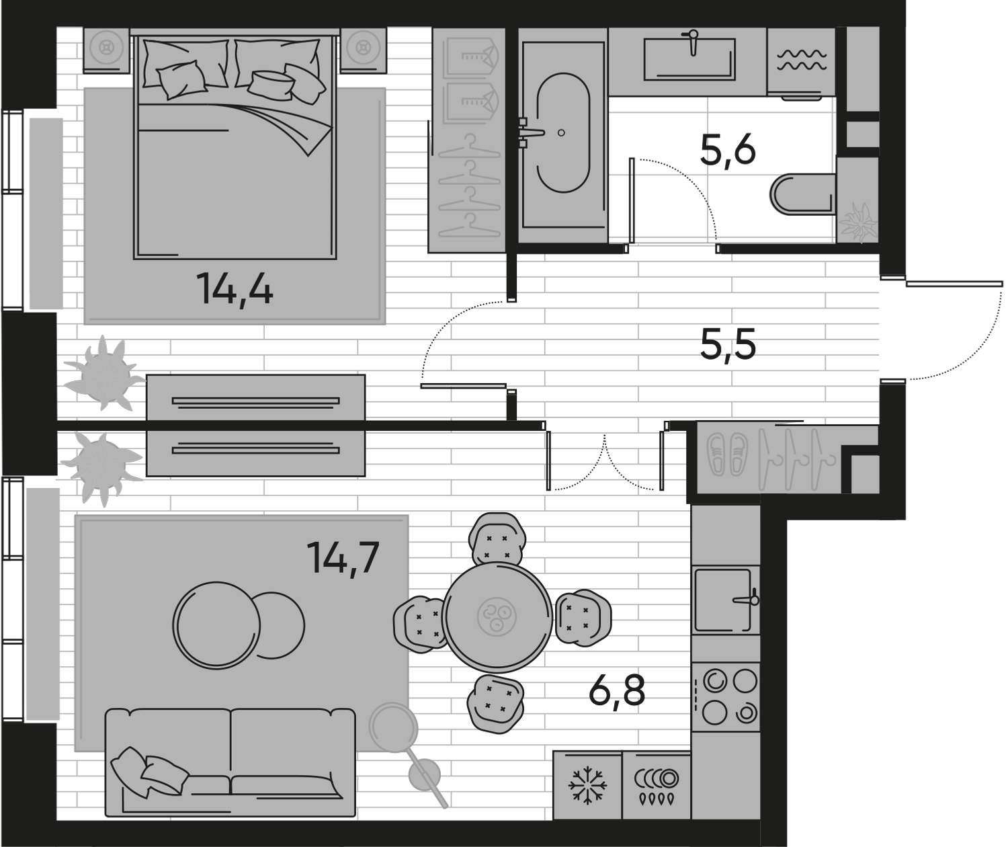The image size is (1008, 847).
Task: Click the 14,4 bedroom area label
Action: pyautogui.click(x=235, y=290)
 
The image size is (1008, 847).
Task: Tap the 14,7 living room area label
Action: pyautogui.click(x=343, y=557)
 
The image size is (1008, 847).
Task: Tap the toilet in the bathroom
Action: pyautogui.click(x=801, y=195)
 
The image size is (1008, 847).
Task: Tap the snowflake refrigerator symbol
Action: pyautogui.click(x=587, y=784)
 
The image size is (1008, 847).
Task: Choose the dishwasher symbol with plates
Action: pyautogui.click(x=656, y=784)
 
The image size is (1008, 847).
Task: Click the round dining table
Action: pyautogui.click(x=497, y=616)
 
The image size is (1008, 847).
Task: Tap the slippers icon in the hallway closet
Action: pyautogui.click(x=728, y=453)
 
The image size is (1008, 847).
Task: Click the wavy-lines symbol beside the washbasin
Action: pyautogui.click(x=801, y=60)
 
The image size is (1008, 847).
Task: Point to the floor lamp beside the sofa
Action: pyautogui.click(x=396, y=729)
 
